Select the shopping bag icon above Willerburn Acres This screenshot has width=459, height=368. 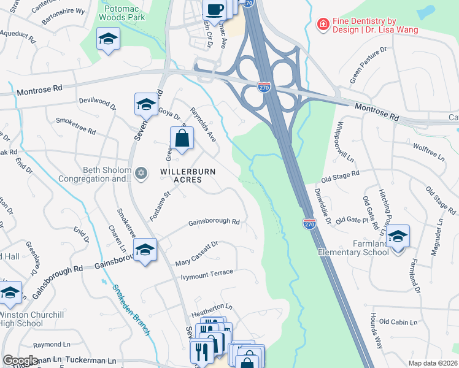coord(182,138)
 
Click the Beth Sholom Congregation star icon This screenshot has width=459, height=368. coord(142,174)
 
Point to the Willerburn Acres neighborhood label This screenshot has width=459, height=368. coord(188,176)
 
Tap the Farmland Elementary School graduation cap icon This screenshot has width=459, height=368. coord(398,236)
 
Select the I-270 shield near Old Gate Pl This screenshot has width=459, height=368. coord(310,224)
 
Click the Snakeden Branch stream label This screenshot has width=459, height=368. coord(131,310)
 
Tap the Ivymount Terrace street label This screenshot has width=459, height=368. coord(207,273)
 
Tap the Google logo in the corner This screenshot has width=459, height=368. coord(20,361)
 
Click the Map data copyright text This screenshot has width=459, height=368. coord(433,363)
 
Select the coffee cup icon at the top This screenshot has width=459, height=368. coord(215,9)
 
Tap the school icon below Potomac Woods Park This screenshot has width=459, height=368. coord(108,39)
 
